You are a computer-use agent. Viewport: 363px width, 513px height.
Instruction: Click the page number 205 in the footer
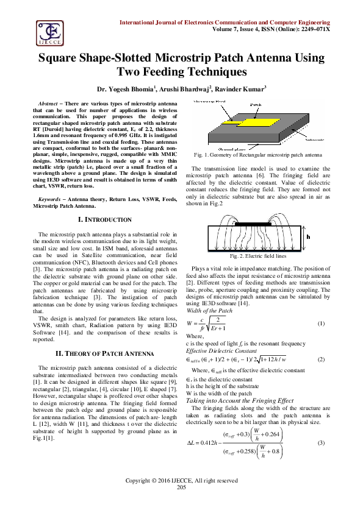pos(181,504)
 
